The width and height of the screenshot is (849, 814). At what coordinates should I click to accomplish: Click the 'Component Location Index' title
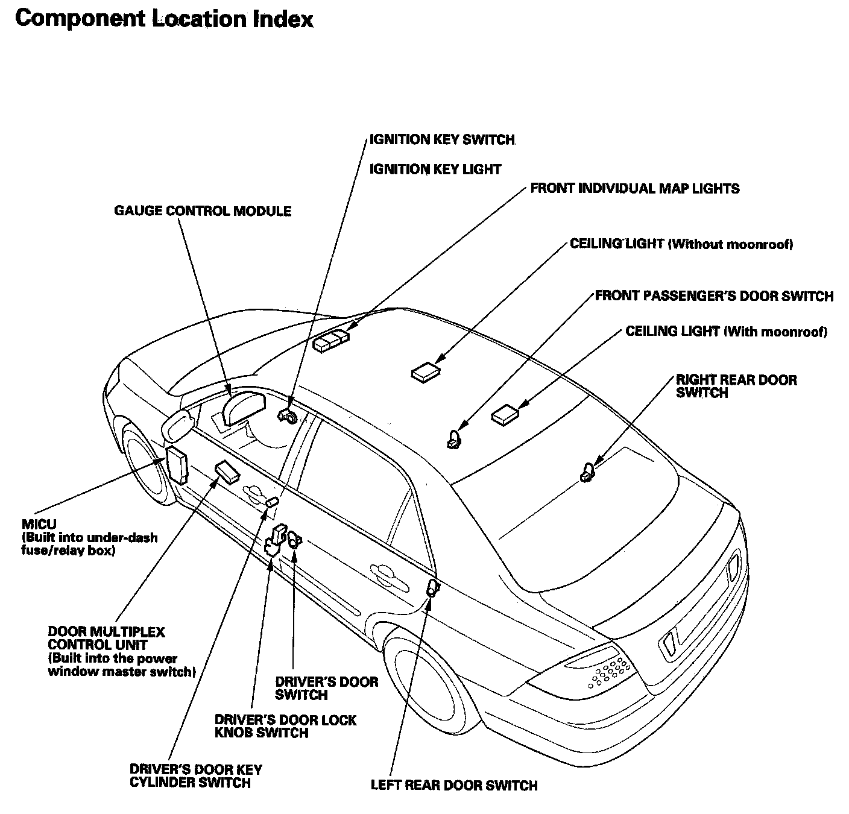click(164, 19)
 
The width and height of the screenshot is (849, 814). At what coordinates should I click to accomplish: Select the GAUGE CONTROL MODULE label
click(203, 211)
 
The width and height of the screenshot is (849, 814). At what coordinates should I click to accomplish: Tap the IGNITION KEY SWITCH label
click(442, 140)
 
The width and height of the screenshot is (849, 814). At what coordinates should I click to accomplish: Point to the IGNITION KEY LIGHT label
click(435, 169)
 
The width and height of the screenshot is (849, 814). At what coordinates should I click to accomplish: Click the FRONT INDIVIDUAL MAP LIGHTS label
click(634, 189)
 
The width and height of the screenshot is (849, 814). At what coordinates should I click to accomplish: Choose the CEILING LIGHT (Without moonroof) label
click(681, 244)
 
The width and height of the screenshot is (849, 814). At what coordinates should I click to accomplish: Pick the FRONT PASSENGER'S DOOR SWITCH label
click(714, 296)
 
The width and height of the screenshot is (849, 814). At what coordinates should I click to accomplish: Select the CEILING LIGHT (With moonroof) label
click(726, 332)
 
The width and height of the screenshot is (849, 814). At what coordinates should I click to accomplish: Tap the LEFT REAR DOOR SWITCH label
click(453, 785)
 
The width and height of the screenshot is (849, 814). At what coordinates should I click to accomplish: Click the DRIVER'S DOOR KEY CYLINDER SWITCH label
click(195, 776)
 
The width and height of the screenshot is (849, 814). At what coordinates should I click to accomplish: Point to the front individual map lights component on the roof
click(330, 341)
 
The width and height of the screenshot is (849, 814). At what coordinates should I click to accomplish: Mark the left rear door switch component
click(432, 588)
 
